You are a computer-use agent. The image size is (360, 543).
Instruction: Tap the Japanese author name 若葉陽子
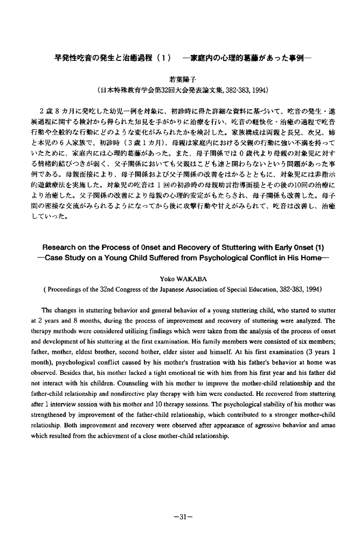coord(179,78)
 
